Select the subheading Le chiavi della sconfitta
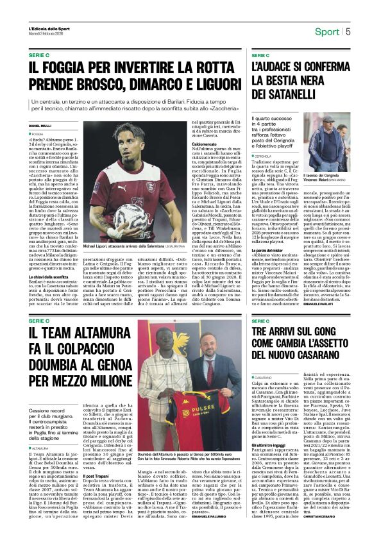[49, 257]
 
